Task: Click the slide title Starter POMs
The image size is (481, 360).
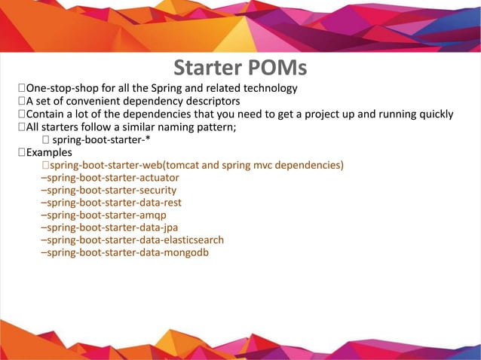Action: point(240,68)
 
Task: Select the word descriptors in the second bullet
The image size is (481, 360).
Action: point(211,102)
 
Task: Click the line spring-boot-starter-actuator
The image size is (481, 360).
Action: point(109,178)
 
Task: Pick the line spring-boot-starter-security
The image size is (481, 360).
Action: point(109,190)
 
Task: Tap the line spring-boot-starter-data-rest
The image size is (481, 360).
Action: point(111,203)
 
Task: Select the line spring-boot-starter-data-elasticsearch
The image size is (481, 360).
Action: point(132,239)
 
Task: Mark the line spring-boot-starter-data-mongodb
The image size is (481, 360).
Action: point(124,252)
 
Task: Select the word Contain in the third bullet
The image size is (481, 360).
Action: point(45,114)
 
